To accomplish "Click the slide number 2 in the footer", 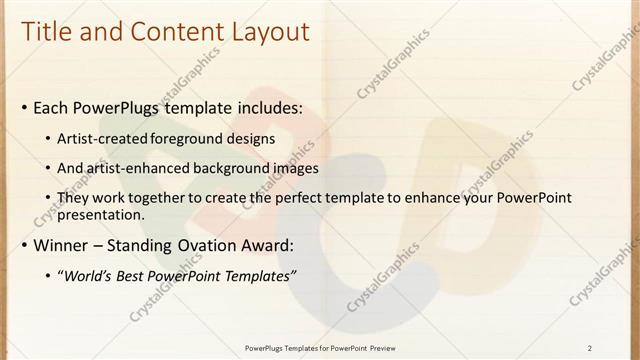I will coord(590,347).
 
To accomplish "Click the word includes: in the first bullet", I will coord(268,107).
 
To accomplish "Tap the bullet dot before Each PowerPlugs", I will coord(24,108).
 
